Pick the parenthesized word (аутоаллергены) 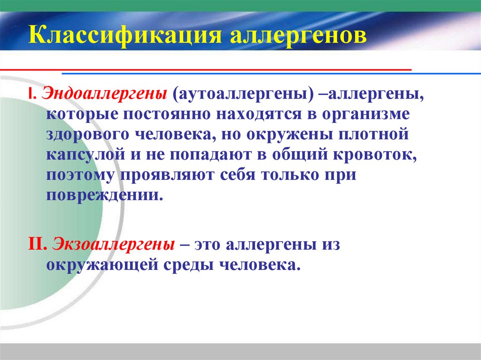click(x=243, y=93)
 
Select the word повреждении click(x=105, y=195)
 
